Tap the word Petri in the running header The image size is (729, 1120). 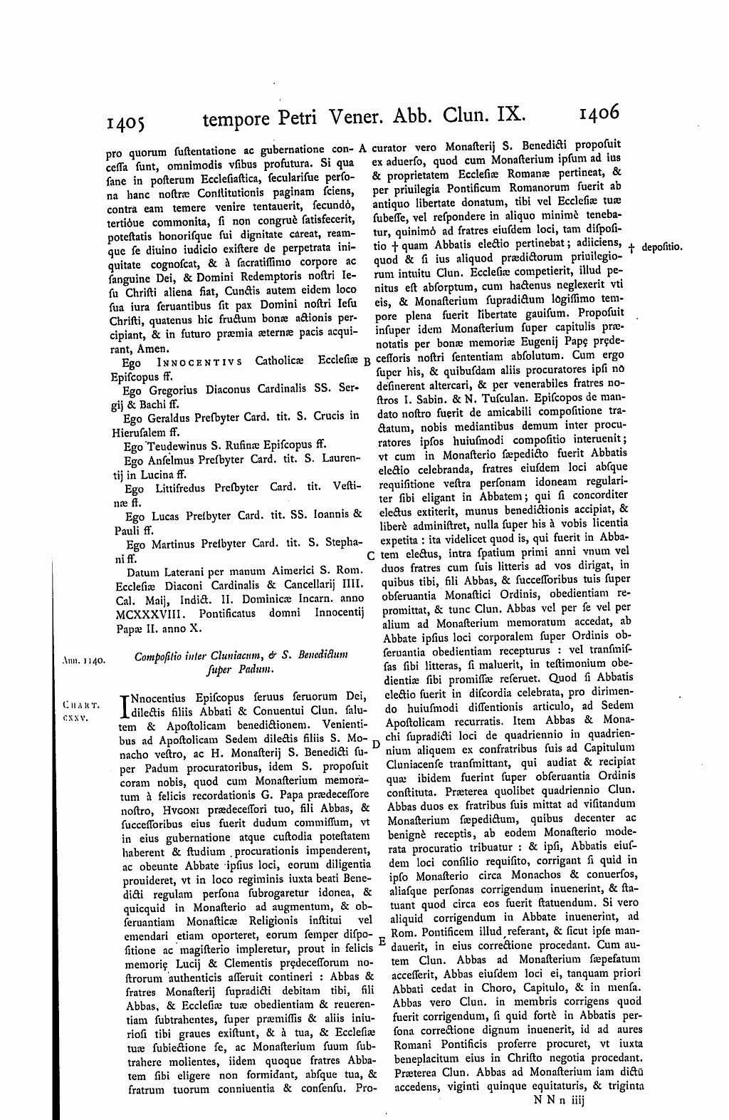pos(298,118)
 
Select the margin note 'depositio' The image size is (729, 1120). pos(662,247)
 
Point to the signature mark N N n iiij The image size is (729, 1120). pos(567,1099)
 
